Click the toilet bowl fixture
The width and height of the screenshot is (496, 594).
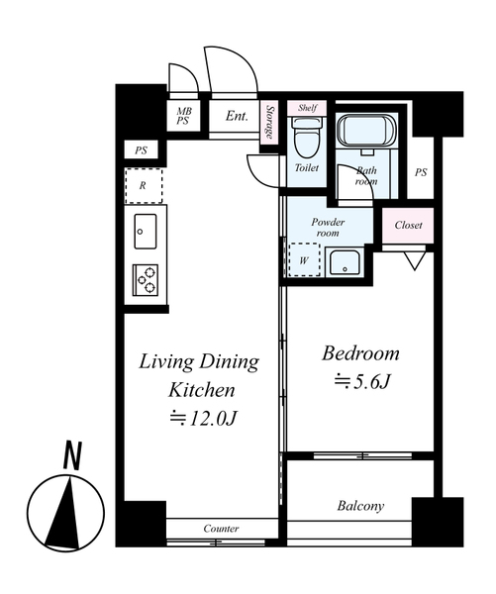307,138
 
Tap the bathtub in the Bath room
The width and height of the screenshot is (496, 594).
366,131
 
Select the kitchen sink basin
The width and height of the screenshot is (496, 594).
146,231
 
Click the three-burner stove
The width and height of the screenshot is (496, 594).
146,280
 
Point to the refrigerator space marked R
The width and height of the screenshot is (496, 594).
144,186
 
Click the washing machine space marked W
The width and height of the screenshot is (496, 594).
304,259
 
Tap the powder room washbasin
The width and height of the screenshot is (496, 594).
345,261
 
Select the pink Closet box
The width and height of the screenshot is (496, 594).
408,225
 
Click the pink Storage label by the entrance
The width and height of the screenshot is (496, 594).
269,122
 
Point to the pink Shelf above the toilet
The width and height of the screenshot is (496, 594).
307,108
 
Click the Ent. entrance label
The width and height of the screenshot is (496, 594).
237,116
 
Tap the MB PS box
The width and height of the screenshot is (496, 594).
184,116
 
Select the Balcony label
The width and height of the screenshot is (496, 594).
360,506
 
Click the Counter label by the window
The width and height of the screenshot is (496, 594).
221,528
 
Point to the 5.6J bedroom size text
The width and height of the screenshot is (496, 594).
362,382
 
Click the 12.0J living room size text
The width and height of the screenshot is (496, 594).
203,418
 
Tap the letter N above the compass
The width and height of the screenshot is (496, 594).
72,455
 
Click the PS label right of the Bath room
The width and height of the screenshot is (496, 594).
421,172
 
